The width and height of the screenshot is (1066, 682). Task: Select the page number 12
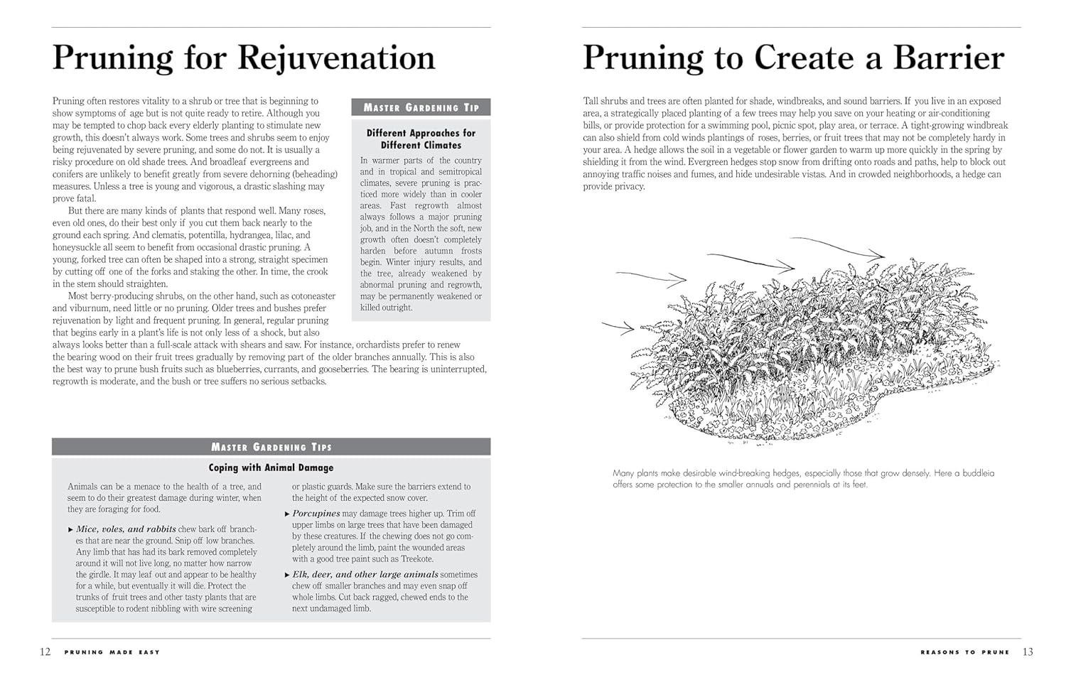(45, 652)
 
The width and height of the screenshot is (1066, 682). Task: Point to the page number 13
(1028, 652)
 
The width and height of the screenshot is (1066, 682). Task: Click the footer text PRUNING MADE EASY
(112, 652)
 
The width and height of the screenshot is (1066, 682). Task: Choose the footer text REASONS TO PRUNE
(964, 652)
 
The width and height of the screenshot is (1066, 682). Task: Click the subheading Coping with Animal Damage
(271, 467)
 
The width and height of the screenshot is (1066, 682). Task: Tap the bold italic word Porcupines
(316, 514)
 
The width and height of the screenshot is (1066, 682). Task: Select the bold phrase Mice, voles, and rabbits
(126, 529)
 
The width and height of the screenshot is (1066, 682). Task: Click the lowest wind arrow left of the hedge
(618, 328)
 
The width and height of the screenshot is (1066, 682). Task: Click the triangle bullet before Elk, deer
(287, 575)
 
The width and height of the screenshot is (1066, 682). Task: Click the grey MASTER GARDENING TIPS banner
(271, 447)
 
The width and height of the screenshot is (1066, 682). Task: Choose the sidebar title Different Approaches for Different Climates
(421, 139)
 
